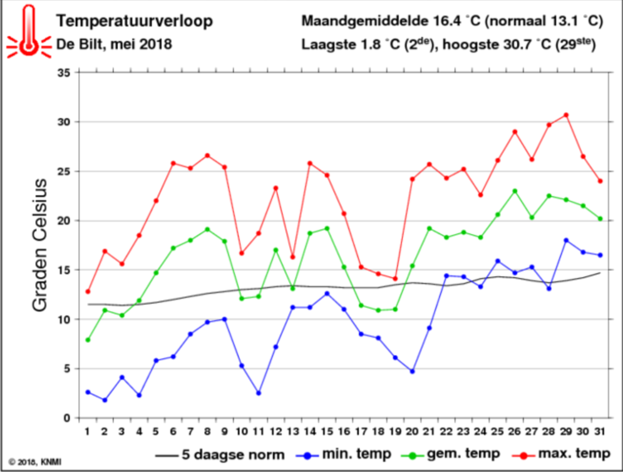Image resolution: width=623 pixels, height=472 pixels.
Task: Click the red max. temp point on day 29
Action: (x=566, y=115)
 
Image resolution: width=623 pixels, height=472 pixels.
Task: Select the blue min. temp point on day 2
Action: (x=105, y=400)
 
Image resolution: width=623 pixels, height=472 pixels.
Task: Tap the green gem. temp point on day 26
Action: (x=515, y=191)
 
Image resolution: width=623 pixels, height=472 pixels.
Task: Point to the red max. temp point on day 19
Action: (x=395, y=279)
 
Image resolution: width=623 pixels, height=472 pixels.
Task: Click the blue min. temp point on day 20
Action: (x=413, y=371)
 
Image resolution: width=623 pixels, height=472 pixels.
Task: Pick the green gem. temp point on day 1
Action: (x=88, y=340)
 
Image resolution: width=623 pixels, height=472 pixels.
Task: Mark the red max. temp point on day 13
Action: (x=293, y=257)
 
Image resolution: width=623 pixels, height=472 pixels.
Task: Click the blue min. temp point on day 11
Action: (x=259, y=393)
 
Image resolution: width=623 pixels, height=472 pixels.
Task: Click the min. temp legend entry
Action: (x=344, y=454)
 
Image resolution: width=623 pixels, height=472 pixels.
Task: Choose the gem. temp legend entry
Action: (x=451, y=454)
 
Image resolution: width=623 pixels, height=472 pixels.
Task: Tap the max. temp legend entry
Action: (x=561, y=454)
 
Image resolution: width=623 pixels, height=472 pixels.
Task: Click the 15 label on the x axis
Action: (x=327, y=431)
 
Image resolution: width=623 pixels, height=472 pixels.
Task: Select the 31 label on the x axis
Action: (x=600, y=431)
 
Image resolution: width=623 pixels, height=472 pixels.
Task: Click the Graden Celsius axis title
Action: (x=39, y=245)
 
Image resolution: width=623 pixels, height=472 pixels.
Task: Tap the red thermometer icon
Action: (x=29, y=31)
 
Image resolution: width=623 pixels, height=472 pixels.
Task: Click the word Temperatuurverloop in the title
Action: (x=134, y=21)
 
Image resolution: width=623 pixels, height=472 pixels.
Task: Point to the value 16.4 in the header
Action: (x=448, y=21)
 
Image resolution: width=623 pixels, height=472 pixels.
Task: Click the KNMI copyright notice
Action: (x=35, y=462)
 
